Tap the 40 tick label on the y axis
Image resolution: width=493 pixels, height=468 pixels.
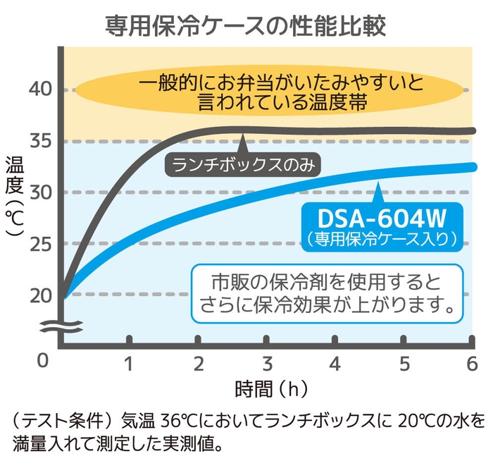click(x=42, y=90)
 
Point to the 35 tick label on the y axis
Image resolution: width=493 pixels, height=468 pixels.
click(x=42, y=141)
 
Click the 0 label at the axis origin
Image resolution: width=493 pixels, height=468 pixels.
click(x=43, y=361)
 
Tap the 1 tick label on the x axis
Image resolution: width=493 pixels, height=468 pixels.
click(x=129, y=364)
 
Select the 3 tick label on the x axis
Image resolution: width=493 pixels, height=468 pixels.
click(x=267, y=364)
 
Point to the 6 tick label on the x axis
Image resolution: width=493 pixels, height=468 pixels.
click(x=472, y=364)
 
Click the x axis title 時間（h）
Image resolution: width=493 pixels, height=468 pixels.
click(x=270, y=388)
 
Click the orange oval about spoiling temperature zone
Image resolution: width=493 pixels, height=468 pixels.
click(x=270, y=91)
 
